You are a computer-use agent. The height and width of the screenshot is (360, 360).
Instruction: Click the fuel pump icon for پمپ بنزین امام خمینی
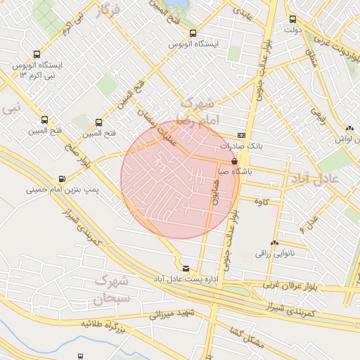[x=63, y=179]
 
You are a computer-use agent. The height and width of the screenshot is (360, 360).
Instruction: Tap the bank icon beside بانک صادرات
[x=242, y=135]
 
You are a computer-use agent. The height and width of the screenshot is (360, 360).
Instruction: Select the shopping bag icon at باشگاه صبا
[x=234, y=161]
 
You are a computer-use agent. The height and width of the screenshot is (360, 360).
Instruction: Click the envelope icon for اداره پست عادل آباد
[x=186, y=268]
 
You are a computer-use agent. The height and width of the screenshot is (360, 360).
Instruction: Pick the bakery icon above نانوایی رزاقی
[x=275, y=242]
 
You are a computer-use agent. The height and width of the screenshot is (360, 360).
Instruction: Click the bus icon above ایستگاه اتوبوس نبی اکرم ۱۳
[x=37, y=54]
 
